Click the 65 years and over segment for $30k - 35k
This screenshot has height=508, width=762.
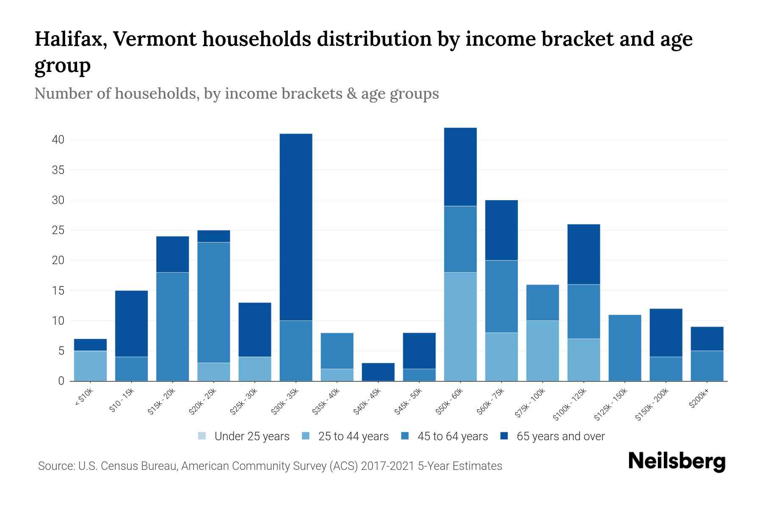click(296, 227)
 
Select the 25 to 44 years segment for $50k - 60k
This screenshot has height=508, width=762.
click(460, 326)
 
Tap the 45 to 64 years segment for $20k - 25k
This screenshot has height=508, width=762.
click(214, 302)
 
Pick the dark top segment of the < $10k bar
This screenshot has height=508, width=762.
click(90, 345)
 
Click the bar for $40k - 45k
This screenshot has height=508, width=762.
click(378, 372)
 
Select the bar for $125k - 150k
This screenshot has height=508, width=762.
click(624, 348)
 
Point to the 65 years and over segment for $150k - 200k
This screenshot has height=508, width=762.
click(666, 333)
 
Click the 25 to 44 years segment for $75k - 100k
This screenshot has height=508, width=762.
click(542, 351)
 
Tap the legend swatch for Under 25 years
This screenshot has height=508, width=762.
click(202, 436)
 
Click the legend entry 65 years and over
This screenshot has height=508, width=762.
click(560, 436)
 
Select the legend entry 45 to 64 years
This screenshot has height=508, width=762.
click(452, 436)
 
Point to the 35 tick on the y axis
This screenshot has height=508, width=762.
click(58, 170)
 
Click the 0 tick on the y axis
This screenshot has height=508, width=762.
click(61, 381)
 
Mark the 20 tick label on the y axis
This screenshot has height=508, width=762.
click(58, 260)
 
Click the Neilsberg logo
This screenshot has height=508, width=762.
click(676, 461)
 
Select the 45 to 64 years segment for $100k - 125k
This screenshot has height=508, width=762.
click(583, 311)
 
